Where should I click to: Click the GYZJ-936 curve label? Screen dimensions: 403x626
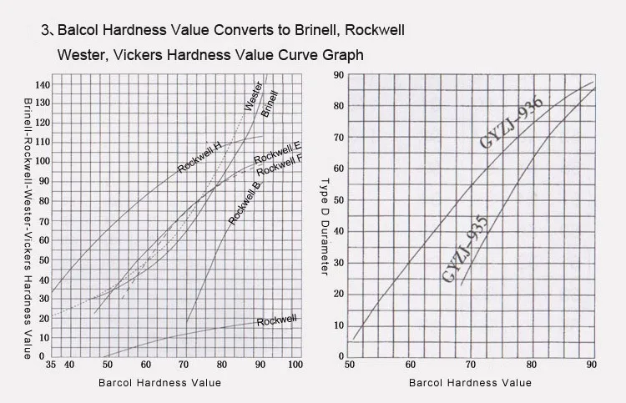(x=511, y=123)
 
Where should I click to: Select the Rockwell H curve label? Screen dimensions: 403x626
(x=199, y=156)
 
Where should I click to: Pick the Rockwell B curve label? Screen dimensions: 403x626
(x=245, y=202)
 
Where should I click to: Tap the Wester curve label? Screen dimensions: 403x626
(x=252, y=96)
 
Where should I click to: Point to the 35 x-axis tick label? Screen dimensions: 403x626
(x=53, y=365)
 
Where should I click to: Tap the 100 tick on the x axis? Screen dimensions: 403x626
(x=295, y=365)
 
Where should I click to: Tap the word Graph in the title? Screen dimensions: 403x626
(x=345, y=55)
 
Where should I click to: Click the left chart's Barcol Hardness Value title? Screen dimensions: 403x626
(x=159, y=383)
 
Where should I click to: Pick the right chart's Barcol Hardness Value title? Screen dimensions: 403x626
(x=470, y=383)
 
